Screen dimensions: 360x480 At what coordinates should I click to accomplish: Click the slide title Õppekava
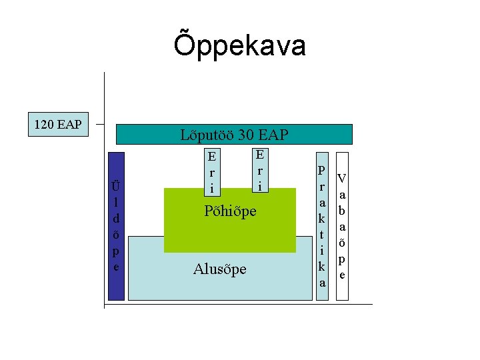pyautogui.click(x=240, y=45)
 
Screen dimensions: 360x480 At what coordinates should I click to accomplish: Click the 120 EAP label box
pyautogui.click(x=58, y=124)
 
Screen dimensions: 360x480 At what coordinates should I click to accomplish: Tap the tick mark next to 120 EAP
pyautogui.click(x=99, y=124)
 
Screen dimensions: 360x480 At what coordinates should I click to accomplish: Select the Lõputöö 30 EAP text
pyautogui.click(x=234, y=135)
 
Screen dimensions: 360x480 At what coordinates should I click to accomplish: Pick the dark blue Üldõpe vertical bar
pyautogui.click(x=116, y=227)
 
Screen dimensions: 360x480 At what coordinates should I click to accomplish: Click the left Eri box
pyautogui.click(x=211, y=173)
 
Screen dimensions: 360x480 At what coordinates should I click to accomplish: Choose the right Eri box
pyautogui.click(x=260, y=169)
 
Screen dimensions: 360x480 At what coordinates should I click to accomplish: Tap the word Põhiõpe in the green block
pyautogui.click(x=230, y=211)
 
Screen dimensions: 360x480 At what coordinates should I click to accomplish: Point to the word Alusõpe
pyautogui.click(x=219, y=269)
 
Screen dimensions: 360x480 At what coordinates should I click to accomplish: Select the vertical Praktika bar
pyautogui.click(x=322, y=227)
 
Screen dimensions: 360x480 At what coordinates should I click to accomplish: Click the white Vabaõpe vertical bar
pyautogui.click(x=342, y=227)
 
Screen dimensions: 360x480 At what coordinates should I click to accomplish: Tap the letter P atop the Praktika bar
pyautogui.click(x=322, y=171)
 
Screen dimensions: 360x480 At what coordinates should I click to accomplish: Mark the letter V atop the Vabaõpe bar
pyautogui.click(x=342, y=179)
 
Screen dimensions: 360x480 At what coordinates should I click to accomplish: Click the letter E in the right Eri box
pyautogui.click(x=260, y=155)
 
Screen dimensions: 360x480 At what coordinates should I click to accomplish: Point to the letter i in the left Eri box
pyautogui.click(x=211, y=189)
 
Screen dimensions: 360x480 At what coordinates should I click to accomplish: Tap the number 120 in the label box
pyautogui.click(x=46, y=124)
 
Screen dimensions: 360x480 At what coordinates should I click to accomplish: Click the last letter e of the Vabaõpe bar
pyautogui.click(x=342, y=275)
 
